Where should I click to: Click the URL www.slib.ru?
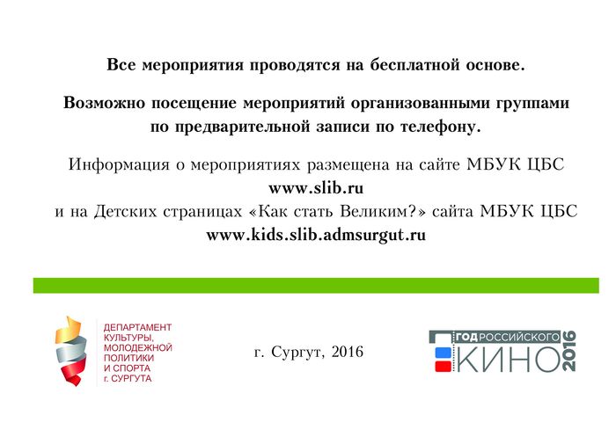316,188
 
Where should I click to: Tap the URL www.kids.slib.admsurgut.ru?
316,235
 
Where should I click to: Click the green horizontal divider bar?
316,286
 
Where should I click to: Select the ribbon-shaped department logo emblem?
70,351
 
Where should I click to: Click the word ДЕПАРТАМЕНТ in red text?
137,327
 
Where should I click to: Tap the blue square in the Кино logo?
443,353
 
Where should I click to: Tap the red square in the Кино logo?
443,367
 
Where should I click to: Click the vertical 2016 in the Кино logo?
569,351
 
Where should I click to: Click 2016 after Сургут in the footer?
348,352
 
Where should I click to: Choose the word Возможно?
105,103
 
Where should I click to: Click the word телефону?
440,127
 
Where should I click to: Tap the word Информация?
119,164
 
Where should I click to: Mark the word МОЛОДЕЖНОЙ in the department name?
138,348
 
